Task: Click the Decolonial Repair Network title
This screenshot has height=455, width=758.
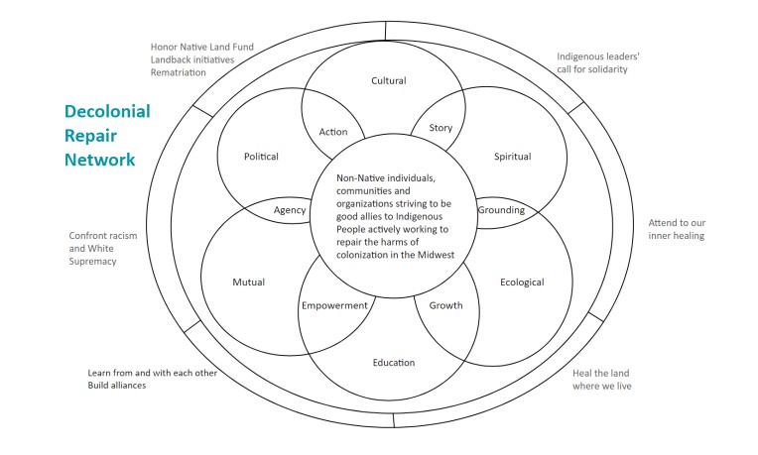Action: (x=107, y=135)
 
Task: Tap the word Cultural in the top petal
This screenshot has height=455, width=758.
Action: (x=389, y=80)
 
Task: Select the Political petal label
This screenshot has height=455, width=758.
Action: (x=261, y=156)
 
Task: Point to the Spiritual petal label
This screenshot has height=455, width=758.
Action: (x=512, y=156)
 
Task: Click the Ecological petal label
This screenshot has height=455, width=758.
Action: (x=523, y=282)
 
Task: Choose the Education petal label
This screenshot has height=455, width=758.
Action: (x=394, y=362)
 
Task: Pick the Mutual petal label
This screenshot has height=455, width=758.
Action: (x=248, y=282)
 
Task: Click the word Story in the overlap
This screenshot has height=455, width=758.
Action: (x=441, y=128)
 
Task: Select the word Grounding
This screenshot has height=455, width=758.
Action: (x=501, y=210)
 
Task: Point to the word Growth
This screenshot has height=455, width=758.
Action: (x=445, y=304)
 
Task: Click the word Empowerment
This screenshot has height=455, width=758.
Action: (x=334, y=305)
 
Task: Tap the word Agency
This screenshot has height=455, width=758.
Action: (x=290, y=210)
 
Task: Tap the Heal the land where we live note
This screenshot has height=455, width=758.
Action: (x=602, y=379)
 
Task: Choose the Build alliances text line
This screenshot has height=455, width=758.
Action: (x=118, y=385)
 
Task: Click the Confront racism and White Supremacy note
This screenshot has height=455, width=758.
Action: (x=103, y=248)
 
